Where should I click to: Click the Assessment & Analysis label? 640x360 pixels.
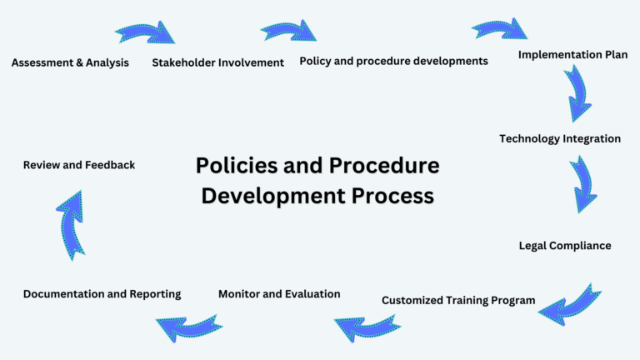(x=70, y=62)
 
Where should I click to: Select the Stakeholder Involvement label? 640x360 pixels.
(x=217, y=62)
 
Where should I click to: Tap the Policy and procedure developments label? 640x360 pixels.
(x=393, y=61)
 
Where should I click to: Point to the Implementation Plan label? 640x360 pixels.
(x=572, y=55)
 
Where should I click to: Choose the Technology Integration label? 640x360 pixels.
(x=560, y=138)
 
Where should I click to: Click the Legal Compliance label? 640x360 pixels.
(x=565, y=246)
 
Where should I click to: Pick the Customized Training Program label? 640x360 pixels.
(x=458, y=300)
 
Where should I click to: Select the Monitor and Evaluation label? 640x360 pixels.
(x=279, y=293)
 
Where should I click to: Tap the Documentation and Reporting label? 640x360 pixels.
(x=102, y=294)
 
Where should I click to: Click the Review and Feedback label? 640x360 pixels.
(x=79, y=165)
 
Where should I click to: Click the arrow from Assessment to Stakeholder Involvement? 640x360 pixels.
(x=145, y=32)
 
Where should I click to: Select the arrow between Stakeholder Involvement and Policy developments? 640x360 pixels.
(x=288, y=31)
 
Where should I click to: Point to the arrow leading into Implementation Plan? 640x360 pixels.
(x=500, y=28)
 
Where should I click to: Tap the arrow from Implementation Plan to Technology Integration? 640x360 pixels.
(x=577, y=93)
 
